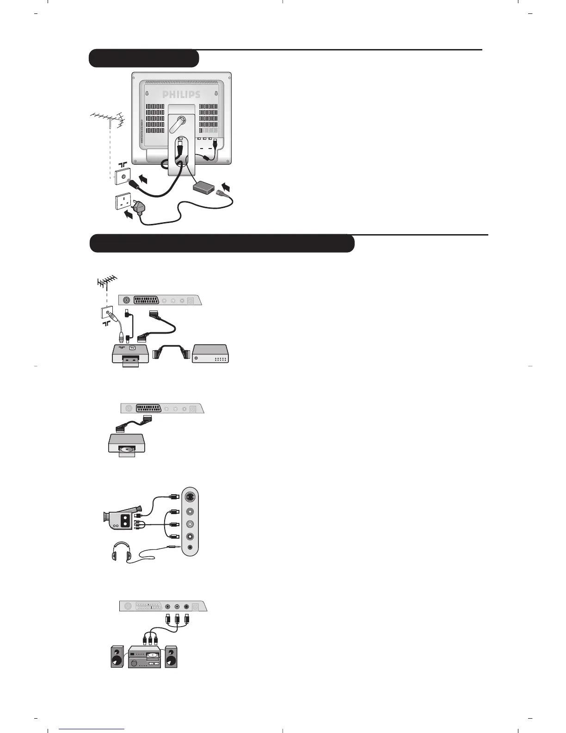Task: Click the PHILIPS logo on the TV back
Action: [181, 94]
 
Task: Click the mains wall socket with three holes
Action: [122, 202]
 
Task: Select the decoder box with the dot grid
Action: [211, 354]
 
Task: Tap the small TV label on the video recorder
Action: [132, 348]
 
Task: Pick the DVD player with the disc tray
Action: [126, 445]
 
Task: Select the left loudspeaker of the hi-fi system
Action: [118, 657]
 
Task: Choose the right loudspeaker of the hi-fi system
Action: [171, 657]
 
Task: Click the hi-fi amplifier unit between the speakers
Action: [145, 657]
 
